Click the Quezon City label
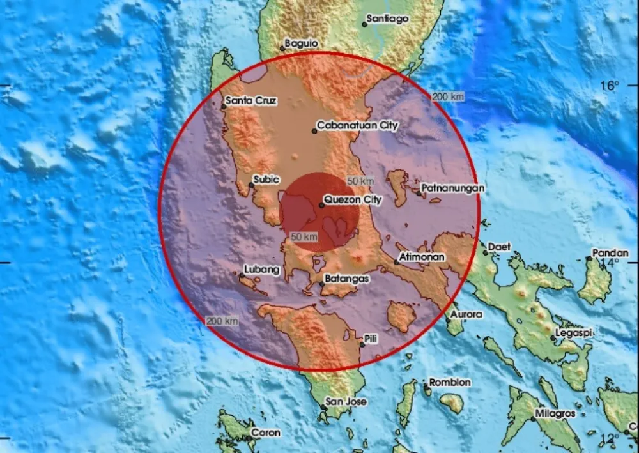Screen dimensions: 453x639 click(353, 200)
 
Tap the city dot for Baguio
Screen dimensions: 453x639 click(282, 48)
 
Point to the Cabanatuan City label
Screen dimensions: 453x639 click(358, 126)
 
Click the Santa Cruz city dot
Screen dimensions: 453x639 click(224, 106)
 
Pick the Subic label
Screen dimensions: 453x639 click(266, 180)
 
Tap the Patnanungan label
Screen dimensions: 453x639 click(452, 188)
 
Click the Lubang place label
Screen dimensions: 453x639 click(262, 270)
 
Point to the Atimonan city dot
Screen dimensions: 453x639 click(397, 263)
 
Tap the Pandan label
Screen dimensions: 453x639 click(610, 253)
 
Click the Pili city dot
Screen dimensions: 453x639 click(362, 344)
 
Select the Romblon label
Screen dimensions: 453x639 click(450, 382)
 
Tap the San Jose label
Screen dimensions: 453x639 click(346, 402)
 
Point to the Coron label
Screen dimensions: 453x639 click(265, 433)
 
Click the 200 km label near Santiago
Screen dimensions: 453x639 click(448, 96)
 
